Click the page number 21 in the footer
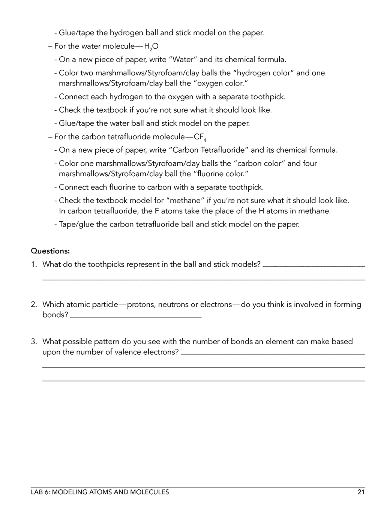pyautogui.click(x=361, y=492)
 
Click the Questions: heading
pyautogui.click(x=50, y=250)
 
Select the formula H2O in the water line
pyautogui.click(x=151, y=46)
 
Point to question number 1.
pyautogui.click(x=34, y=264)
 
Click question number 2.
pyautogui.click(x=34, y=304)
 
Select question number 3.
pyautogui.click(x=34, y=341)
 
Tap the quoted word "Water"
pyautogui.click(x=183, y=59)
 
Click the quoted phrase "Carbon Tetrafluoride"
pyautogui.click(x=209, y=150)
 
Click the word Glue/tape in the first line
pyautogui.click(x=76, y=33)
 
